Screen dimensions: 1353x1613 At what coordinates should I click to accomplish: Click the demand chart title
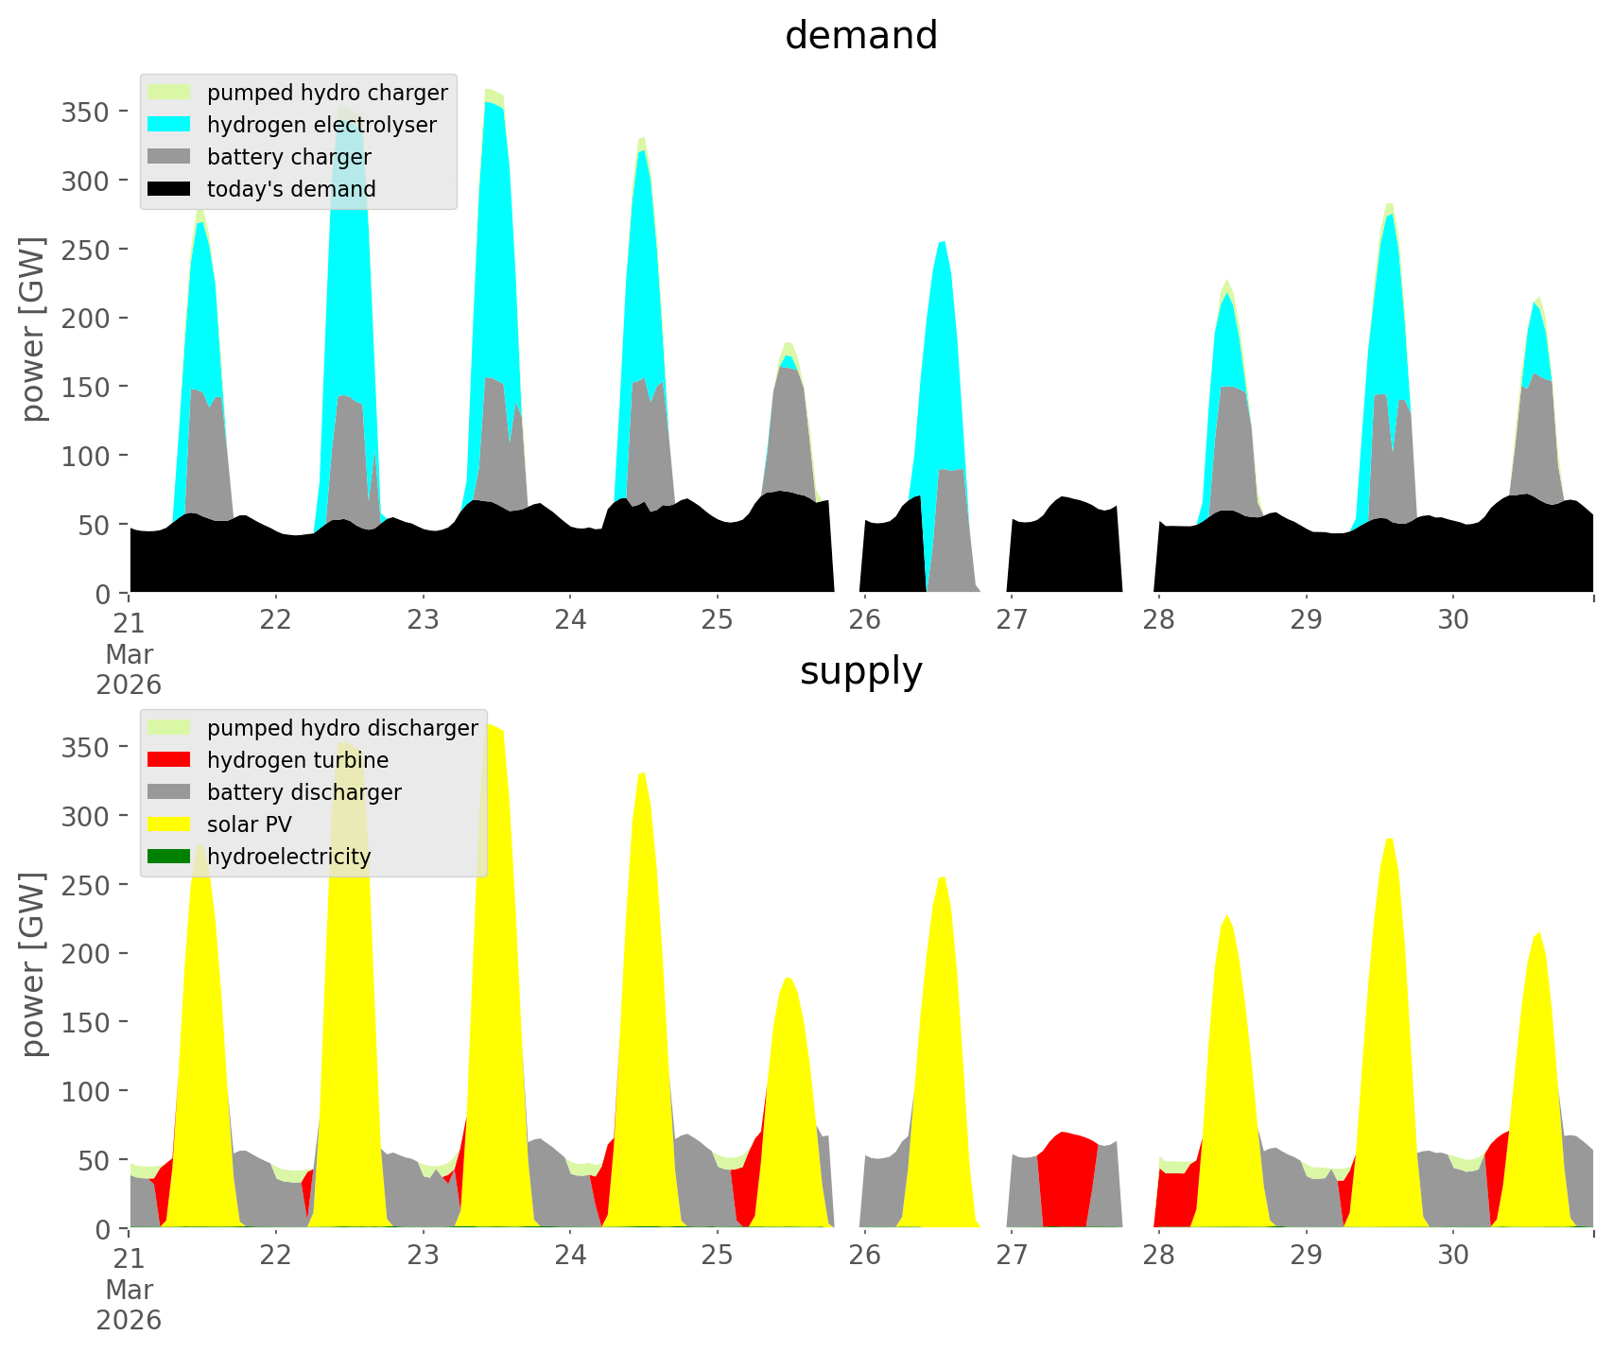(860, 36)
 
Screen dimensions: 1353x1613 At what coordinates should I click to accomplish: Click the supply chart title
(860, 671)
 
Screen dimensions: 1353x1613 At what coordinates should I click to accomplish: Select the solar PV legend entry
(249, 824)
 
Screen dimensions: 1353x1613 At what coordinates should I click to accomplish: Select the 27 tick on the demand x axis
(1012, 620)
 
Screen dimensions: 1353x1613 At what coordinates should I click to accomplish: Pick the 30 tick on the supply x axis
(1453, 1256)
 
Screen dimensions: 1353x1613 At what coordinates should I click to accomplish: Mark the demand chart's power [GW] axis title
(33, 329)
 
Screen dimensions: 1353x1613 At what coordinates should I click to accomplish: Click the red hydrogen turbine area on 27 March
(1066, 1182)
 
